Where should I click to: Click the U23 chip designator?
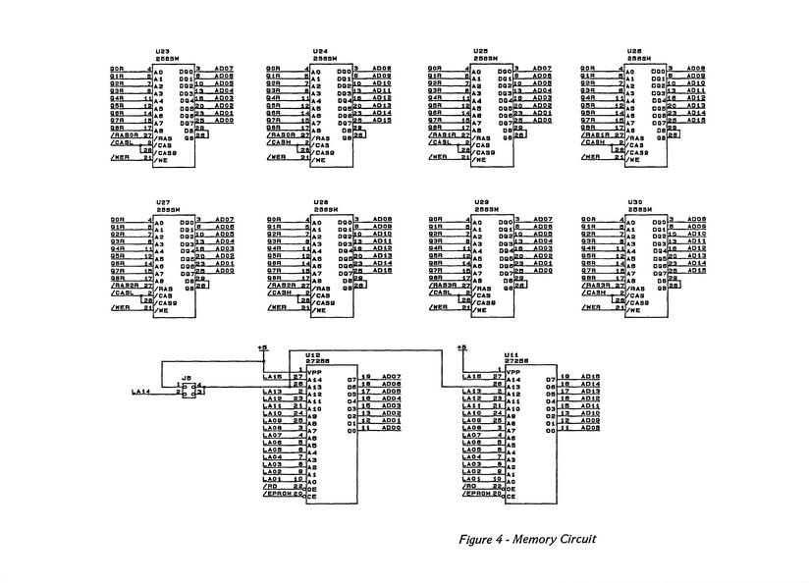tap(161, 51)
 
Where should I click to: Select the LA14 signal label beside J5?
tap(140, 393)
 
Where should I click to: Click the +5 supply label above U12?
tap(261, 347)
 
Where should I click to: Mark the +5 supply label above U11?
tap(461, 347)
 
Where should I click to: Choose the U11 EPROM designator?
tap(512, 353)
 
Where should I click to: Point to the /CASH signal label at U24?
tap(280, 141)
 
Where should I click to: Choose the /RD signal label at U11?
tap(469, 485)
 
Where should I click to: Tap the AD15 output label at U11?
tap(591, 376)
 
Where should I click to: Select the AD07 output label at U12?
tap(392, 376)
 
